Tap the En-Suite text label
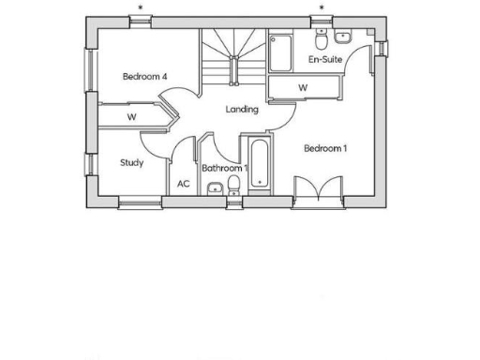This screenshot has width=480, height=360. pos(324,60)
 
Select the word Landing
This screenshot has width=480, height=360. pos(242,110)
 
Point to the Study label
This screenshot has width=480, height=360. pos(131,162)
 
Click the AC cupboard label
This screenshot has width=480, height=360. pos(184,184)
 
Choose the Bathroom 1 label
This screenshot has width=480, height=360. pos(224,169)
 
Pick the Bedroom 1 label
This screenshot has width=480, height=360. pos(325,148)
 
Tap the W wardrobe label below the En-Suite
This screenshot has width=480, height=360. pos(303,88)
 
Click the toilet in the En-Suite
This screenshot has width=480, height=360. pos(322,38)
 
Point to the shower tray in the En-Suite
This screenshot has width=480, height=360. pos(281,53)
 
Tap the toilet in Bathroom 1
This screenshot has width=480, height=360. pos(233,191)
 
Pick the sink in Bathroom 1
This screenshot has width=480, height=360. pos(216,191)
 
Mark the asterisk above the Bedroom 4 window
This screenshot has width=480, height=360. pos(141,8)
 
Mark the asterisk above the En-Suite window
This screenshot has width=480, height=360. pos(322,8)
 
